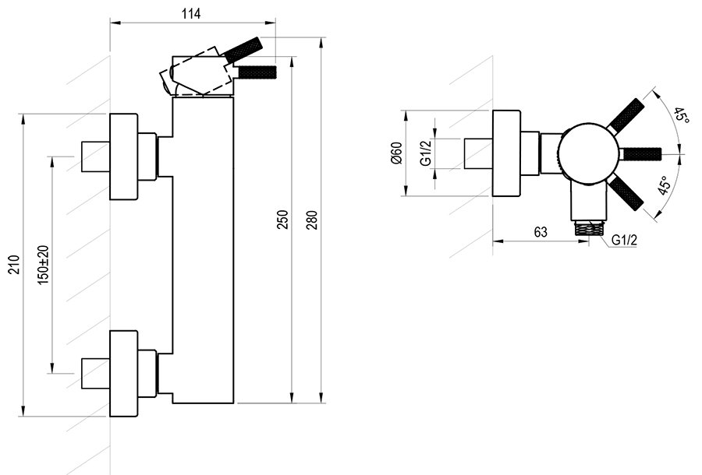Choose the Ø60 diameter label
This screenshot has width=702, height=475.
click(395, 153)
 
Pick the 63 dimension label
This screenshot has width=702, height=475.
click(541, 232)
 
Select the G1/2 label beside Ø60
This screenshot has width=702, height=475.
click(426, 153)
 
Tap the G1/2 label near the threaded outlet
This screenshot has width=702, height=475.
click(625, 240)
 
